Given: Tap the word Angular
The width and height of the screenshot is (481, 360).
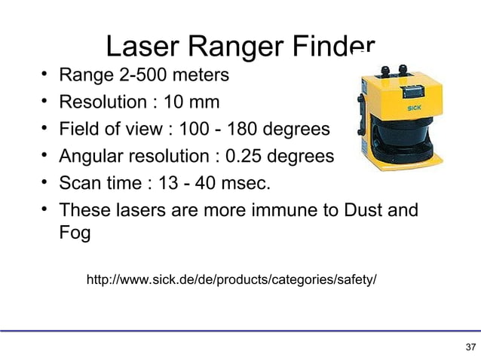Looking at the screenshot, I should pyautogui.click(x=96, y=157).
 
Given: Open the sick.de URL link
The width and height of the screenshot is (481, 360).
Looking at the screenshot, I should pyautogui.click(x=232, y=281).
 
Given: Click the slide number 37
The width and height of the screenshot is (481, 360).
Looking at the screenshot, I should pyautogui.click(x=470, y=347).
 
